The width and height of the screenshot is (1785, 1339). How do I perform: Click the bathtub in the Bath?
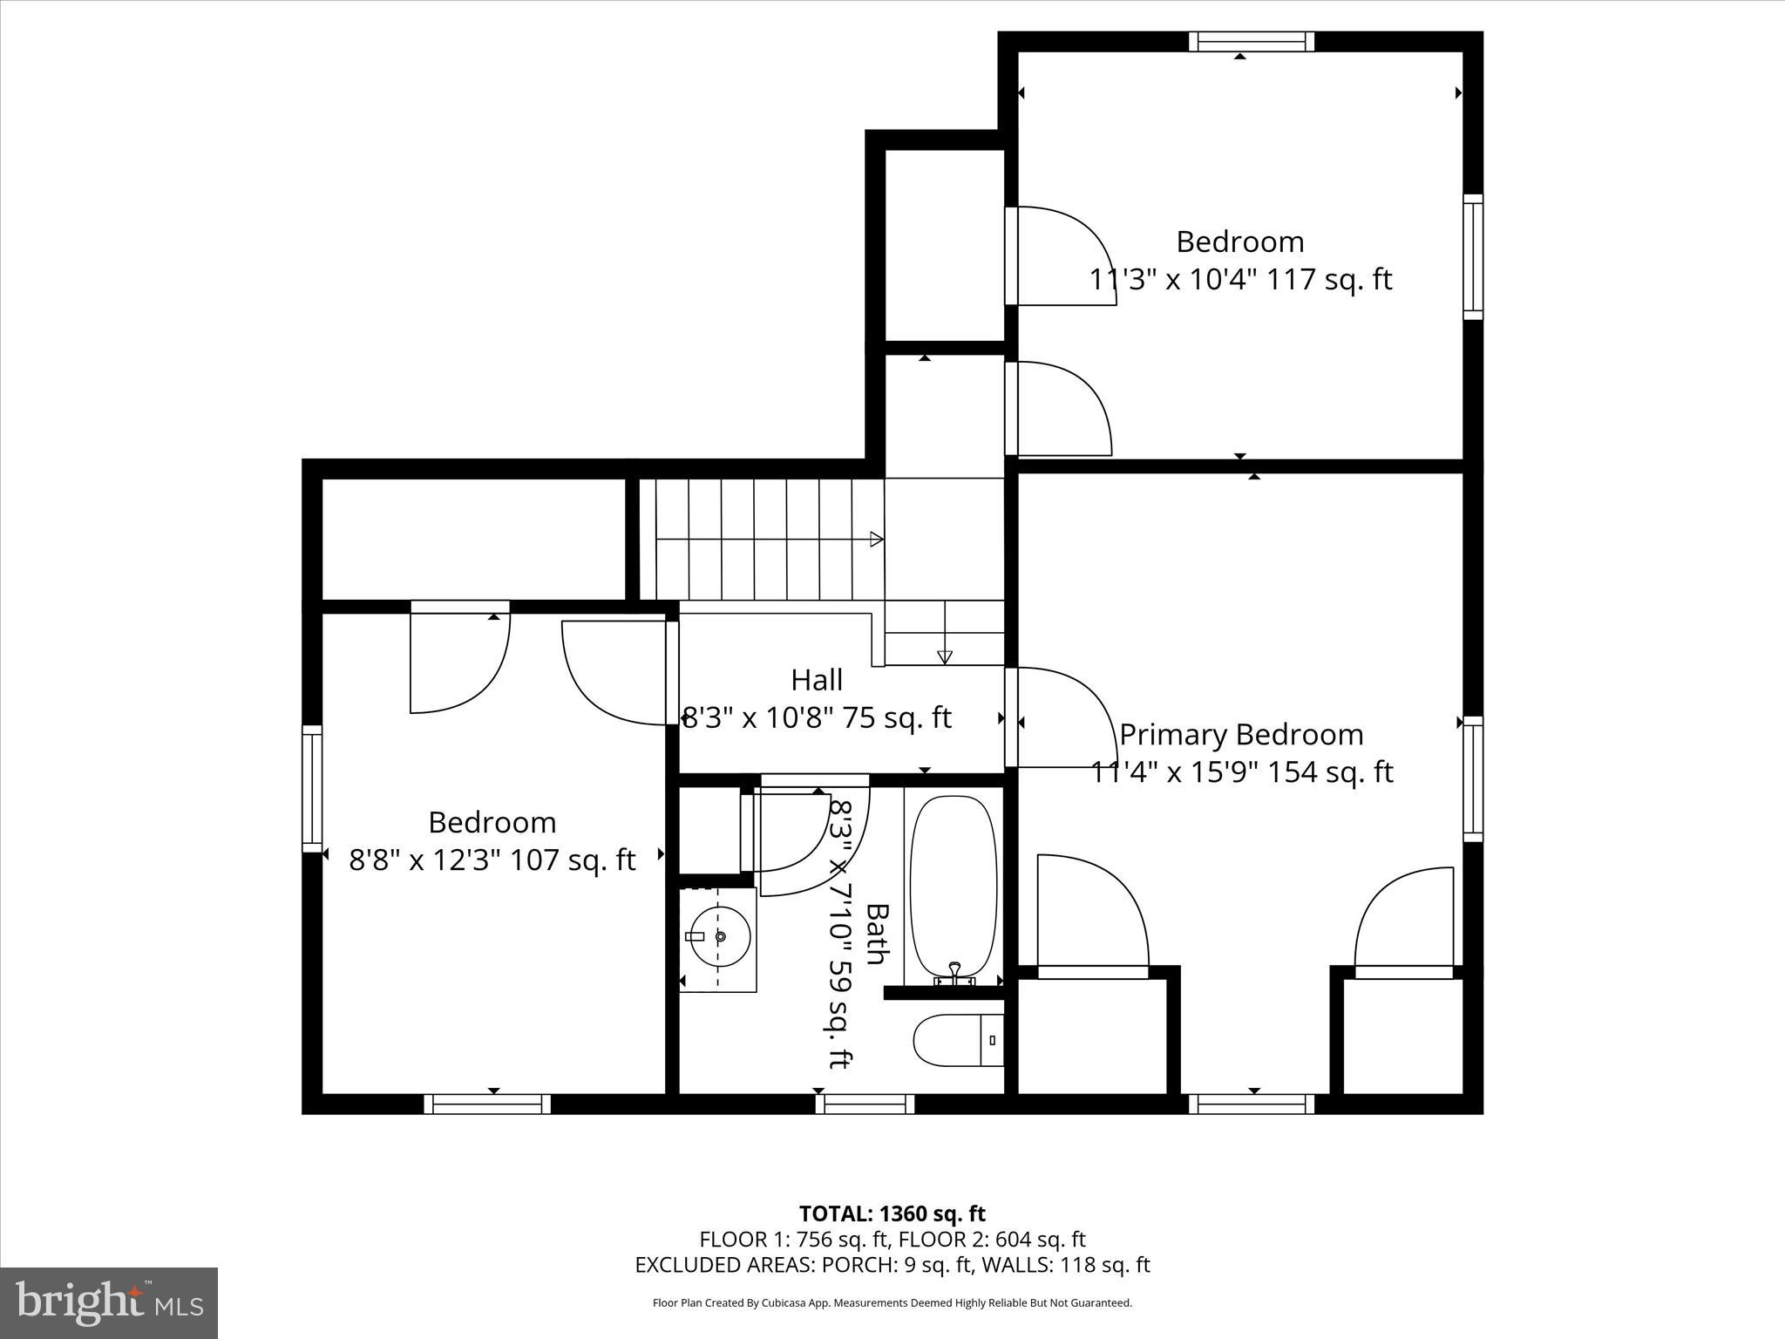coord(953,885)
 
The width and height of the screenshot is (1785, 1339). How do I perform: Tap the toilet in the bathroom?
coord(955,1040)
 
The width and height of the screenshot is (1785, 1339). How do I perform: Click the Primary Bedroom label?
coord(1241,735)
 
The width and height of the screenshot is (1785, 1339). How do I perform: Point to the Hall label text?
coord(817,680)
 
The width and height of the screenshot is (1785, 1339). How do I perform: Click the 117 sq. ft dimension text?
coord(1328,280)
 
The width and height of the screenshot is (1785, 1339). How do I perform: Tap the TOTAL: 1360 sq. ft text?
coord(892,1213)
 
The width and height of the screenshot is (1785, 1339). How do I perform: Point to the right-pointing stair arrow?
coord(876,540)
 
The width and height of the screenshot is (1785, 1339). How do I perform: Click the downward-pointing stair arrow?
coord(945,657)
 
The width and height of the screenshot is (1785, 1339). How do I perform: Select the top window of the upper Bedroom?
coord(1252,41)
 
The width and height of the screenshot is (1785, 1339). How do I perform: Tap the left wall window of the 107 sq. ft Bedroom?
coord(312,788)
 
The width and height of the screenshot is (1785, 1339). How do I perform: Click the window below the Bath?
coord(865,1105)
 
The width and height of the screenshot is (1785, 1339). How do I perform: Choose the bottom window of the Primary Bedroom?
coord(1252,1105)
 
